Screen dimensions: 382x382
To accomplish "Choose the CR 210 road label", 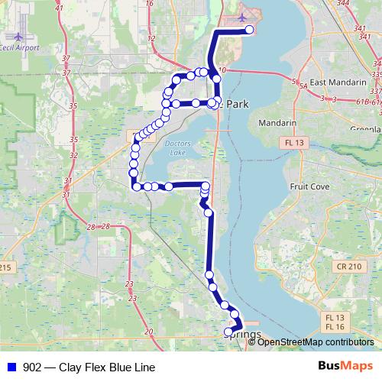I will tap(348, 266).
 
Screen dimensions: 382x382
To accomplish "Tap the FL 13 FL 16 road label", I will tap(334, 322).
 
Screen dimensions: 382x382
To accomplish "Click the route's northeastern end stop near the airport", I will tap(249, 31).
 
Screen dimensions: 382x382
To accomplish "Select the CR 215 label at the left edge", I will tap(6, 267).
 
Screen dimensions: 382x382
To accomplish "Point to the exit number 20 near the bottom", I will tap(148, 331).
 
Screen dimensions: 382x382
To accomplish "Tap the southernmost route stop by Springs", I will tap(228, 332).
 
